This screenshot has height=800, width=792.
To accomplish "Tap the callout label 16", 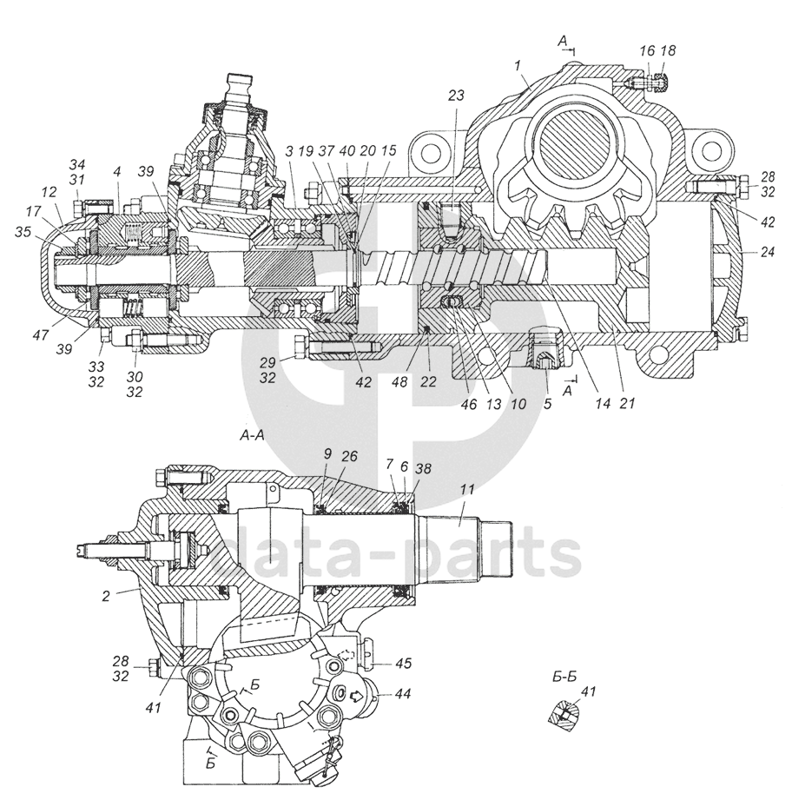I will tap(647, 51).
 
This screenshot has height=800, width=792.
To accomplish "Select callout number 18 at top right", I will tap(668, 51).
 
